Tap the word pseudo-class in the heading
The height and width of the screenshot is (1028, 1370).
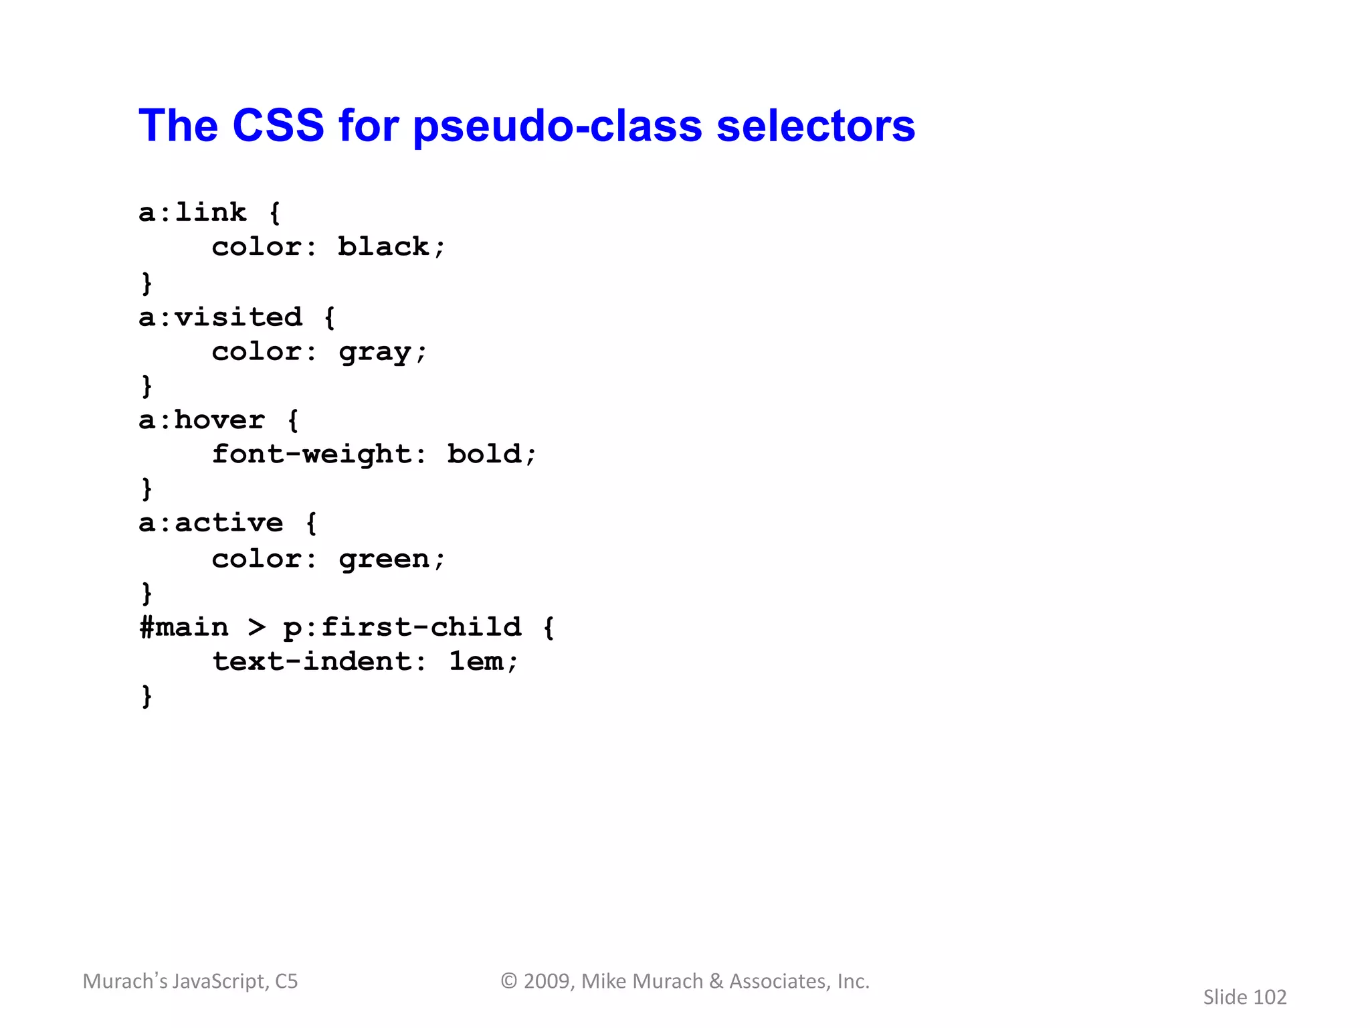coord(557,127)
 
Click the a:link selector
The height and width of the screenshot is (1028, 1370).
coord(193,213)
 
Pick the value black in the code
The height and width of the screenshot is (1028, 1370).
coord(383,247)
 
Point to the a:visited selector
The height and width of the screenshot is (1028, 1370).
coord(220,317)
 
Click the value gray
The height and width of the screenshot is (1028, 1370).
coord(375,353)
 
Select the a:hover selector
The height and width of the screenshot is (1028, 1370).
coord(201,420)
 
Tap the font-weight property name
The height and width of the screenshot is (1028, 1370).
coord(311,455)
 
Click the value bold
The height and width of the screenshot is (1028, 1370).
coord(484,454)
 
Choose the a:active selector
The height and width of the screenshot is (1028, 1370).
coord(211,523)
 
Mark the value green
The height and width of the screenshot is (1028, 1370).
coord(384,560)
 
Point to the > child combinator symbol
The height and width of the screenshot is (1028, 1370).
coord(256,628)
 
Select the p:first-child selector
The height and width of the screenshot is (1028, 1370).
coord(402,628)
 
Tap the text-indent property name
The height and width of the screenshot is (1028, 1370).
coord(311,662)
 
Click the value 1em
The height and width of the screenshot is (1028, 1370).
coord(476,662)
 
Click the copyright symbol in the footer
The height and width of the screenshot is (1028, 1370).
coord(509,981)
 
